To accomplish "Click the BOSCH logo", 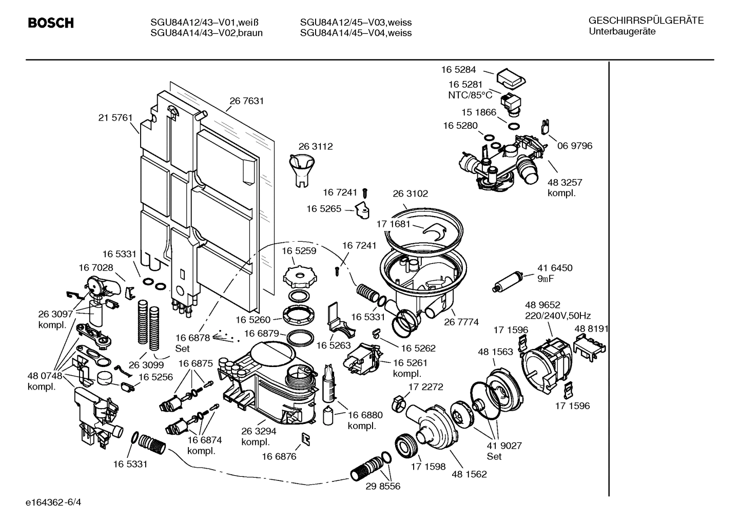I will click(50, 23).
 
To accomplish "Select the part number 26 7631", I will click(246, 101).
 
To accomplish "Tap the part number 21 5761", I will click(115, 118).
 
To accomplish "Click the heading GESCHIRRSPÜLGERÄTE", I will click(646, 21).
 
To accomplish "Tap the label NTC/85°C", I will click(470, 95).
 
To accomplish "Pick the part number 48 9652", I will click(542, 304).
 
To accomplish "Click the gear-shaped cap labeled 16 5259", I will click(298, 277).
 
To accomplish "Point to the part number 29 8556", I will click(383, 486).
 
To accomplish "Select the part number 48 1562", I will click(469, 474).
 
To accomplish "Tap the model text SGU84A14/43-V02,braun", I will click(206, 33).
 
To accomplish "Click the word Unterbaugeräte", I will click(621, 32).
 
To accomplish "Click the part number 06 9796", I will click(575, 146).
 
